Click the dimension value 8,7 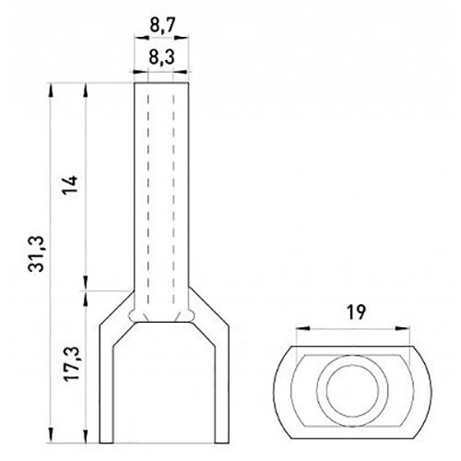tap(162, 25)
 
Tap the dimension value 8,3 tap(161, 57)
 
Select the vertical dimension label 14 tap(69, 185)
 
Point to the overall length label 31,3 tap(36, 254)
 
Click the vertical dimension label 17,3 tap(71, 364)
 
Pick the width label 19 tap(356, 313)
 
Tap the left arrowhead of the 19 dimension tap(302, 328)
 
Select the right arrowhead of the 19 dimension tap(403, 328)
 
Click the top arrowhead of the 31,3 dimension tap(51, 90)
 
